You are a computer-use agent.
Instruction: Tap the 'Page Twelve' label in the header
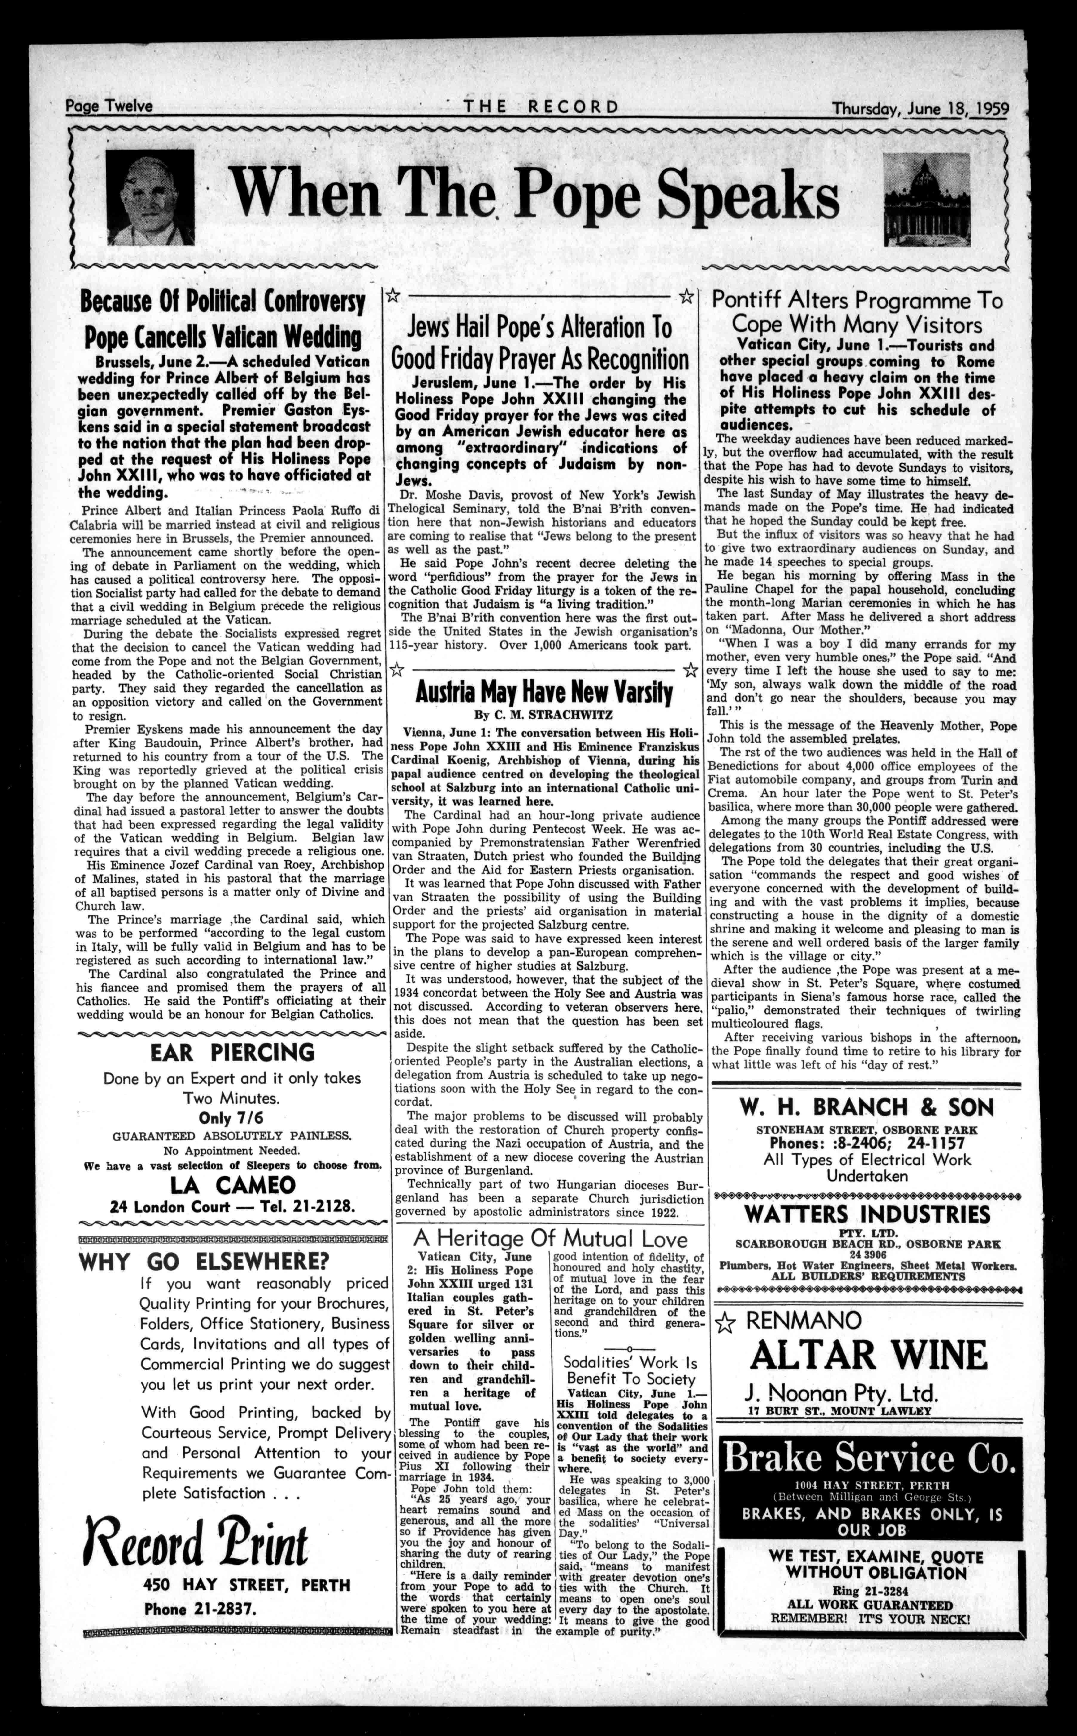(109, 106)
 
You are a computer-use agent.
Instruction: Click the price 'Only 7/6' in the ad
(232, 1117)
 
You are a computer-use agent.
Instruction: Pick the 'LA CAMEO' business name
(232, 1185)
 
